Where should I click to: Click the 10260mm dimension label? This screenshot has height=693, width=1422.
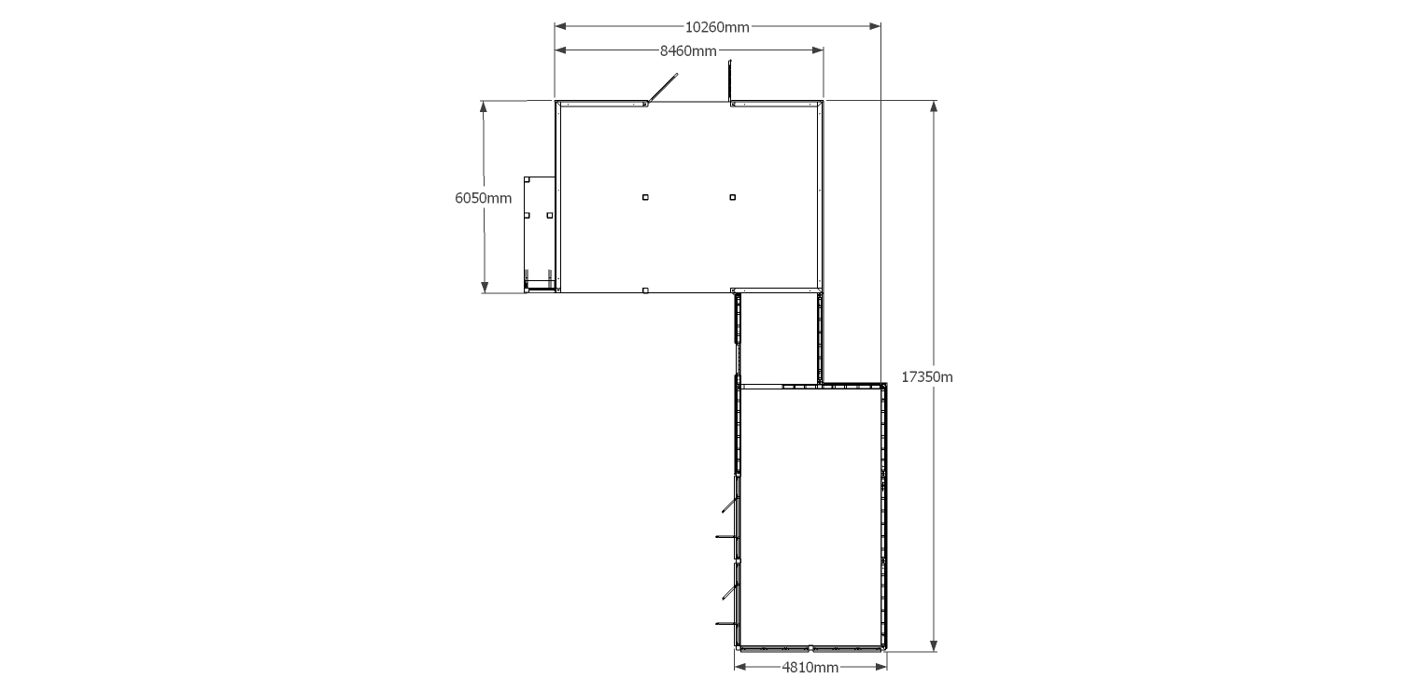pos(717,27)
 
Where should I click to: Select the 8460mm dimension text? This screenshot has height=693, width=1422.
pos(688,50)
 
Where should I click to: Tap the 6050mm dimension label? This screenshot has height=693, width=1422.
pos(483,198)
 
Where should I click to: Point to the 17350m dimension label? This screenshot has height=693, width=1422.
pos(927,377)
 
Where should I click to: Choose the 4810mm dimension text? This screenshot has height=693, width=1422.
pos(810,668)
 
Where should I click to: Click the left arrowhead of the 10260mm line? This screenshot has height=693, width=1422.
pos(560,27)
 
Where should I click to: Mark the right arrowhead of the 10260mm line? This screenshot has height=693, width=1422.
pos(875,27)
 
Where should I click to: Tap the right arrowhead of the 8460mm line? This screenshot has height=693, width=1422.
pos(818,50)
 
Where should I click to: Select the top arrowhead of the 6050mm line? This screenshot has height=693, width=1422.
pos(484,106)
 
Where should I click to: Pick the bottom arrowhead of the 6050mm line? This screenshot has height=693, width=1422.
pos(485,287)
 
